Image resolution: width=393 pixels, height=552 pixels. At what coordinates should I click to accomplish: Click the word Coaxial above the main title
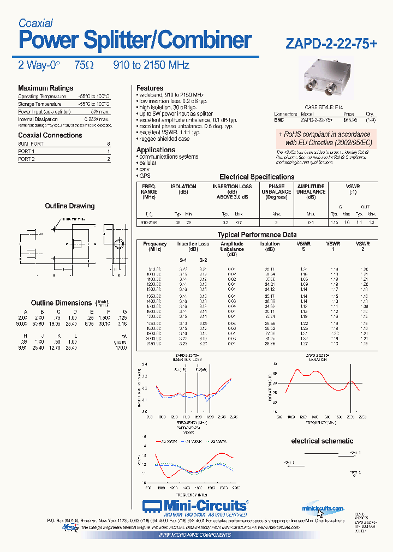pos(35,23)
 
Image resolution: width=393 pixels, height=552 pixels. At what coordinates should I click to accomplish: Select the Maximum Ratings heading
pos(45,88)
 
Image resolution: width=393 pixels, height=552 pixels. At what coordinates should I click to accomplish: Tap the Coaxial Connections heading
pos(50,135)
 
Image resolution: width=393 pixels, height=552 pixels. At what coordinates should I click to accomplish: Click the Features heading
pos(150,88)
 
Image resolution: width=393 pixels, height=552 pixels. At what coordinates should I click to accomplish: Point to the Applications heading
pos(156,149)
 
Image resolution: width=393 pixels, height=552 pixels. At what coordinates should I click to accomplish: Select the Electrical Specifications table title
pos(257,177)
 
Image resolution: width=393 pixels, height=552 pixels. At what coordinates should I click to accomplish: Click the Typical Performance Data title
pos(257,235)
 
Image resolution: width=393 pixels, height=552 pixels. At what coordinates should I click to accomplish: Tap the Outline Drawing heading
pos(69,206)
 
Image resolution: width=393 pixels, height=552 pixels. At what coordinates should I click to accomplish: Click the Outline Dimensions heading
pos(61,303)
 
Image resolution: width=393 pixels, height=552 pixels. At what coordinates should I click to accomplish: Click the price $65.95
pos(350,119)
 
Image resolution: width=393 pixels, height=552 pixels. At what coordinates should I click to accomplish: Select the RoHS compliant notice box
pos(324,138)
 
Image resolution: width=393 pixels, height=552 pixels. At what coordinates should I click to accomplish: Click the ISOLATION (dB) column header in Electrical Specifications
pos(183,189)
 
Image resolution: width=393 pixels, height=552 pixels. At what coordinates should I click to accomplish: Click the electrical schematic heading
pos(321,441)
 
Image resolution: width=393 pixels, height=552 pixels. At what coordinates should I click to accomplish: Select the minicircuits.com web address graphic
pos(323,508)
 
